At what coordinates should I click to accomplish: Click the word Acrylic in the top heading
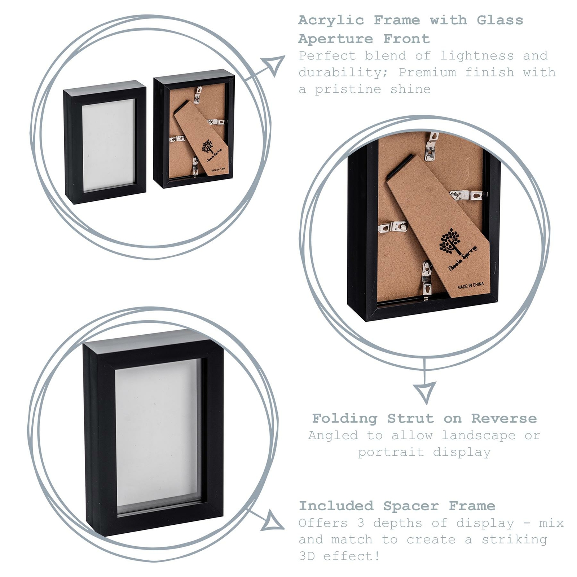click(x=331, y=20)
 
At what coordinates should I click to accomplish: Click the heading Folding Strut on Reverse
click(x=424, y=418)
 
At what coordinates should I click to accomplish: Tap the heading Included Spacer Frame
click(x=397, y=506)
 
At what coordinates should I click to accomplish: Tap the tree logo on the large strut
click(x=449, y=241)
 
